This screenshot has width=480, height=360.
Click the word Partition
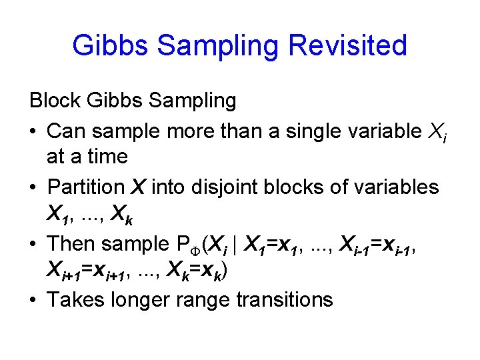tap(86, 187)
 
